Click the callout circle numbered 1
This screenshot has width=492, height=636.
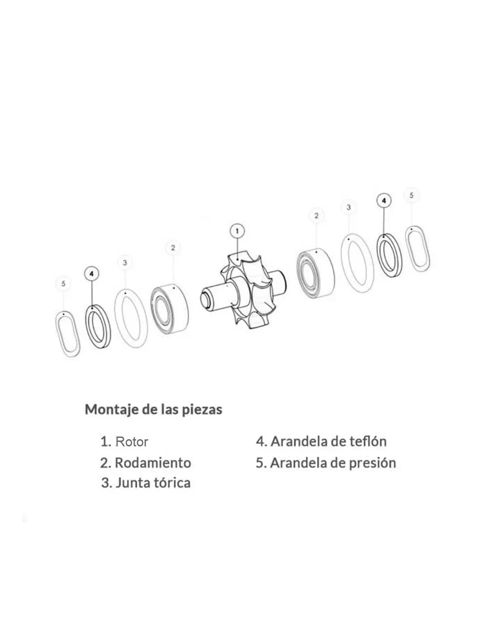pyautogui.click(x=237, y=231)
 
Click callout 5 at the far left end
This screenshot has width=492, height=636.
pyautogui.click(x=64, y=284)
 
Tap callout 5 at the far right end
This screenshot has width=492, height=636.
pyautogui.click(x=411, y=195)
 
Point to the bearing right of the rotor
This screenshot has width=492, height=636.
pyautogui.click(x=315, y=273)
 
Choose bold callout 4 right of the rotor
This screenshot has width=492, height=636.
pyautogui.click(x=384, y=200)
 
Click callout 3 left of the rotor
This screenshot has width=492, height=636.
pyautogui.click(x=125, y=263)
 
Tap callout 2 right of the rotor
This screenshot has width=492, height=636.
pyautogui.click(x=316, y=216)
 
